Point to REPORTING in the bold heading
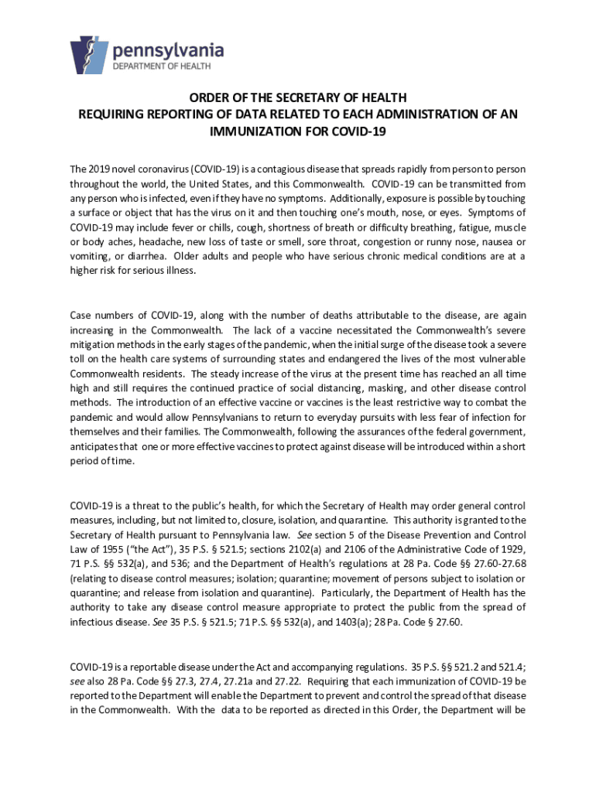tap(156, 114)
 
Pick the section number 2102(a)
tap(357, 549)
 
